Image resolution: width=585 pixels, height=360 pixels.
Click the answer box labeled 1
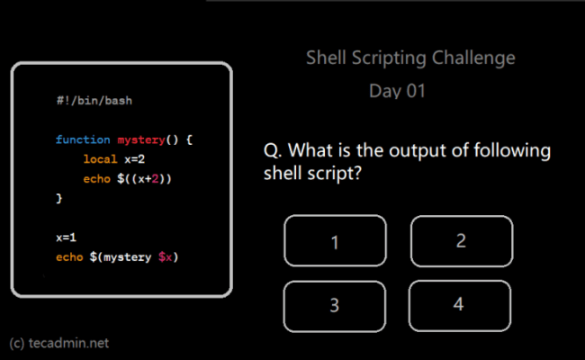335,241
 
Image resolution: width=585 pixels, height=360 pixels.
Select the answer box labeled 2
461,240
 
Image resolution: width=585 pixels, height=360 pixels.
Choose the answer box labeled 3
334,305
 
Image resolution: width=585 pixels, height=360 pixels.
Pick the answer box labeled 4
458,304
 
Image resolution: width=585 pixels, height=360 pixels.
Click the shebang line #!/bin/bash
94,101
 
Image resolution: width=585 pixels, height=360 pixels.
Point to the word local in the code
101,159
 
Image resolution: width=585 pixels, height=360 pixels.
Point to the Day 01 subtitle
397,91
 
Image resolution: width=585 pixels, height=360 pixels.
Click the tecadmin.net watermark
59,343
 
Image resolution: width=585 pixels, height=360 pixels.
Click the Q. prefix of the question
274,149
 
